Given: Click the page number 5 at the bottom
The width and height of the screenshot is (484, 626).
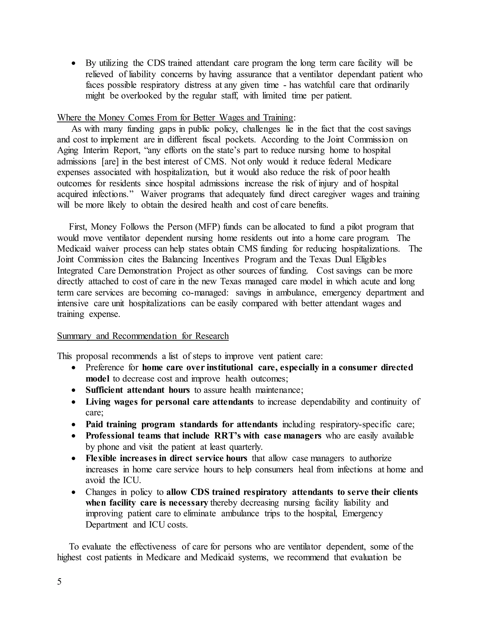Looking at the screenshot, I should [x=59, y=582].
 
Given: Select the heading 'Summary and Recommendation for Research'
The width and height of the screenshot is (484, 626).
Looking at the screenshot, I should [x=143, y=336].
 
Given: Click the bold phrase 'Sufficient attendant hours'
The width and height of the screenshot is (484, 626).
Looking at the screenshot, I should [x=138, y=390].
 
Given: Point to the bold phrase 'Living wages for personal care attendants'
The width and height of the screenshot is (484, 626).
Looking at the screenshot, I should [x=169, y=402].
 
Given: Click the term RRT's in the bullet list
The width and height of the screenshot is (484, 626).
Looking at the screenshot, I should [x=227, y=436].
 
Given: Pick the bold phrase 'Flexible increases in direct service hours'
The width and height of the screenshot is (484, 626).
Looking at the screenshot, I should [x=166, y=458].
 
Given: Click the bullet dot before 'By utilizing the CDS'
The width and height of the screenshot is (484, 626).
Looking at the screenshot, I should [x=74, y=63].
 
